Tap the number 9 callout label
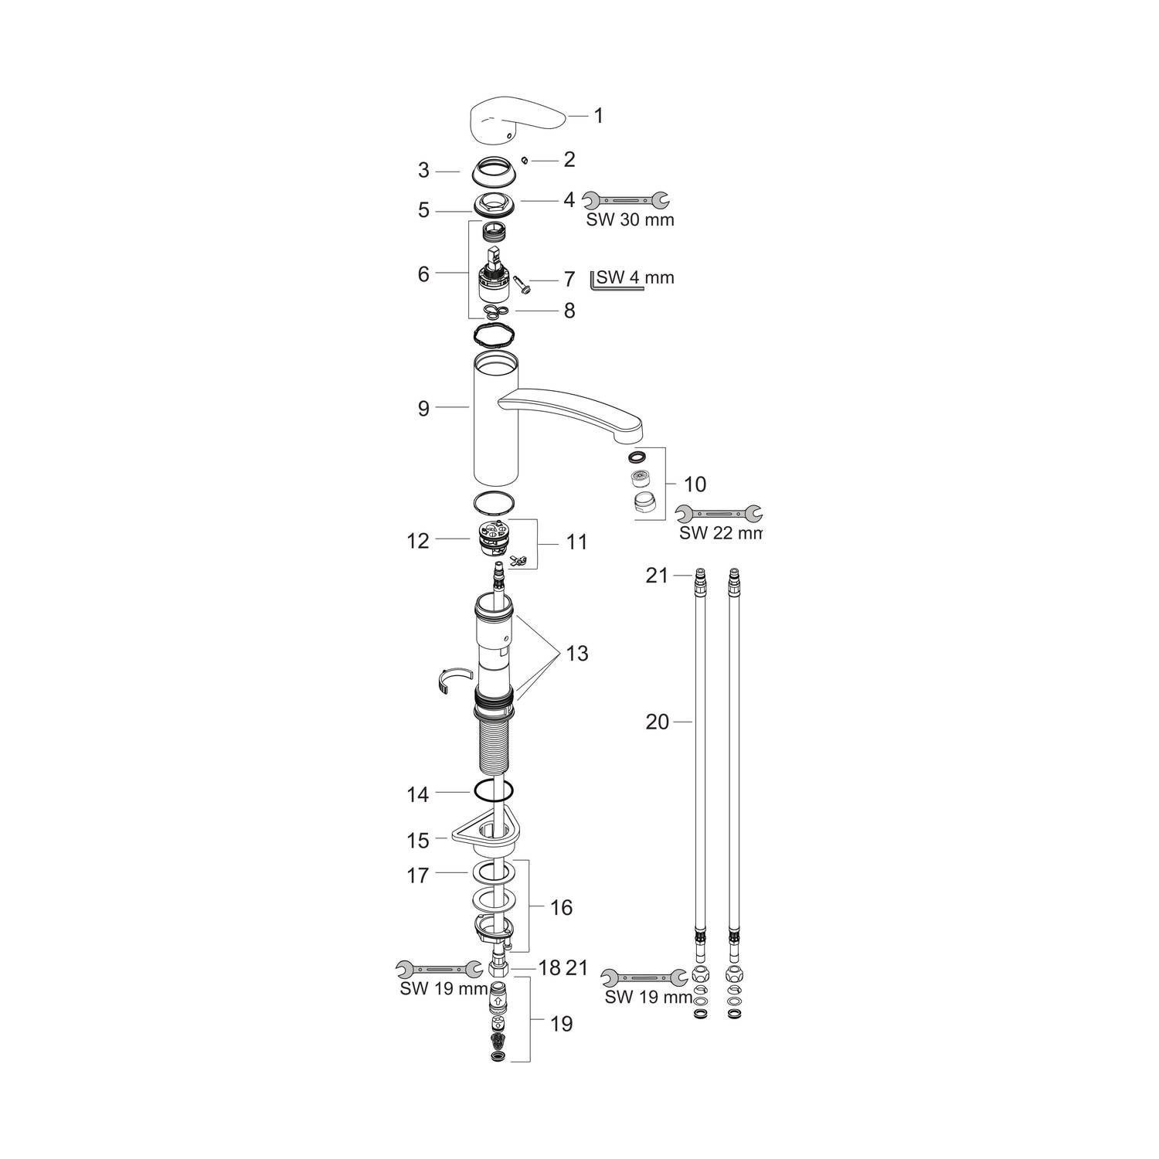point(423,408)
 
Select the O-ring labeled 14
point(492,791)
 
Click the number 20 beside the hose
point(658,722)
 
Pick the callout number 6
point(423,274)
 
